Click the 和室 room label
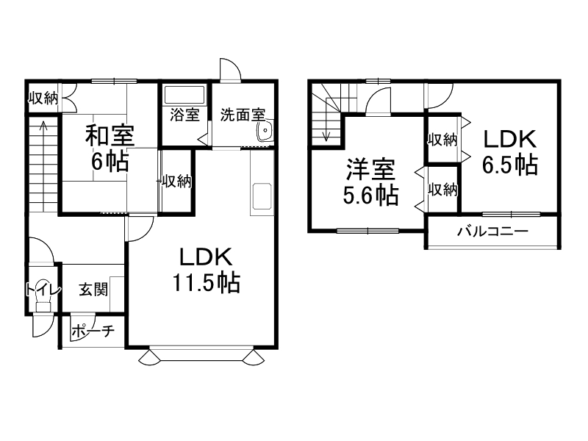[x=110, y=136]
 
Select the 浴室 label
[x=184, y=115]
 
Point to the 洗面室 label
[x=242, y=115]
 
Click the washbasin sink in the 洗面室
[x=265, y=132]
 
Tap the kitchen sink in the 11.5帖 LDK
[x=262, y=197]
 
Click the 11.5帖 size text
[x=207, y=282]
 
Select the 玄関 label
[x=93, y=289]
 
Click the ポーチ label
[x=93, y=331]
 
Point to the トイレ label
[x=41, y=289]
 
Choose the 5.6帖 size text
[x=372, y=195]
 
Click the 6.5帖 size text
[x=509, y=164]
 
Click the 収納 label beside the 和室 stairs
[x=43, y=98]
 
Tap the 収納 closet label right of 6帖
[x=177, y=181]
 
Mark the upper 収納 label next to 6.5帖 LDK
[x=443, y=138]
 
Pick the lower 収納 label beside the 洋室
[x=443, y=190]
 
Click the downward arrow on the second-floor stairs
[x=326, y=134]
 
